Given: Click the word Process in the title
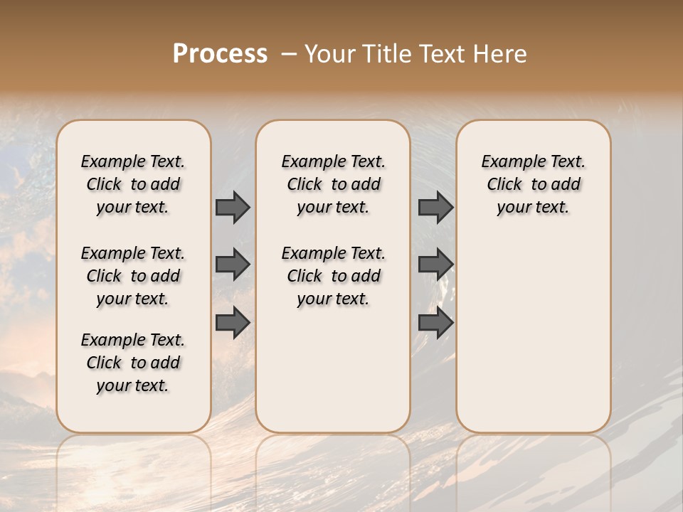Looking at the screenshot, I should click(220, 54).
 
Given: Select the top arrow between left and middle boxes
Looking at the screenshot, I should click(233, 207).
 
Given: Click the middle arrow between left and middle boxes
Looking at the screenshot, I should click(233, 265).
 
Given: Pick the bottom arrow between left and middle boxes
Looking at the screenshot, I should click(233, 322).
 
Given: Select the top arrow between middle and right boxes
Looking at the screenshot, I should click(435, 207).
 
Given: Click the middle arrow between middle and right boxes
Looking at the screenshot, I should click(435, 265).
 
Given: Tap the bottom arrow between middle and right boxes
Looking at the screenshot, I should click(435, 322).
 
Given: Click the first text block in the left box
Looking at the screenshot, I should click(133, 184).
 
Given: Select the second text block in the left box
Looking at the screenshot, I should click(133, 276).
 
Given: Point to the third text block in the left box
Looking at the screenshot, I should click(133, 363).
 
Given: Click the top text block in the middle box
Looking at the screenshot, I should click(333, 184).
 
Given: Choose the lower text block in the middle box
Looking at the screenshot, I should click(333, 276).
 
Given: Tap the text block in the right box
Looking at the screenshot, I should click(533, 184).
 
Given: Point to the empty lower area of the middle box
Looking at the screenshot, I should click(333, 370).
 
